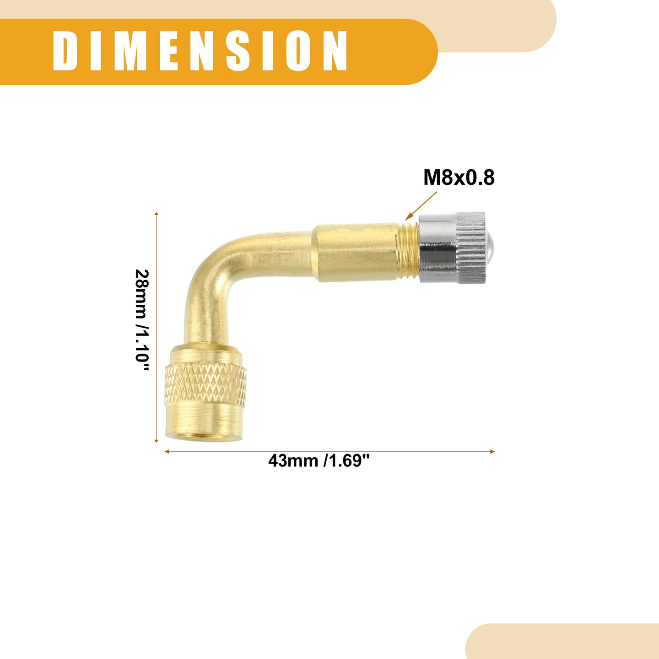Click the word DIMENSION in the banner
(200, 51)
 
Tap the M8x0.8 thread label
(459, 178)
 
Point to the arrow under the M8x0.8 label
(421, 206)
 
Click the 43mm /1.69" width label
(319, 461)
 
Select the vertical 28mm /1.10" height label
(142, 320)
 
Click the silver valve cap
(452, 248)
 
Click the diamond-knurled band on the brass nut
(205, 384)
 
